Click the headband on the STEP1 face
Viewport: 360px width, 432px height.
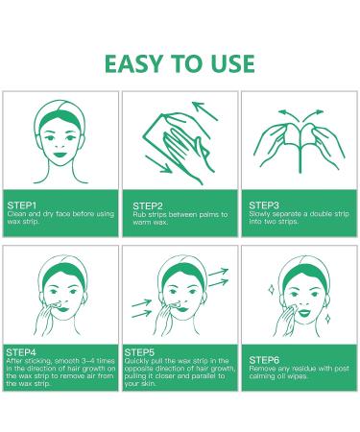pyautogui.click(x=60, y=114)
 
